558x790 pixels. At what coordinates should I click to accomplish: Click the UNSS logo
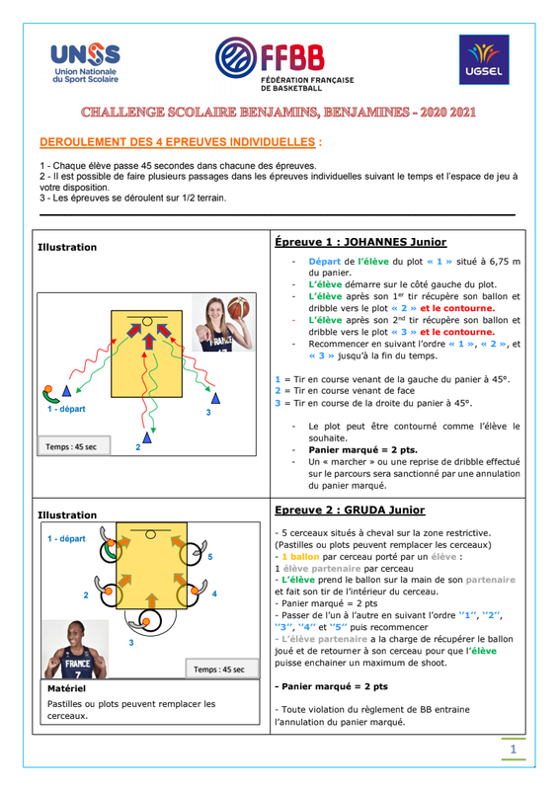point(85,63)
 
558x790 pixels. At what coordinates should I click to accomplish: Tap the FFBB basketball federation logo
point(284,64)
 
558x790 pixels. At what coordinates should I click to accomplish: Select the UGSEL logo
point(484,59)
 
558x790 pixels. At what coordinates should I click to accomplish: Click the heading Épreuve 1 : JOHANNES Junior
point(360,242)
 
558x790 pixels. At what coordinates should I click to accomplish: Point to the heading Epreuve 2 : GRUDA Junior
point(350,510)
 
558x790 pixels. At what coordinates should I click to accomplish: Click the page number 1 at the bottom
point(514,750)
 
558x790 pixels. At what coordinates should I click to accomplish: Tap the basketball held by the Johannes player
point(239,308)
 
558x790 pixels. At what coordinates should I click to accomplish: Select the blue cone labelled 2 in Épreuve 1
point(147,437)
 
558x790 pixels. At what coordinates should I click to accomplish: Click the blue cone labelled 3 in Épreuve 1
point(215,399)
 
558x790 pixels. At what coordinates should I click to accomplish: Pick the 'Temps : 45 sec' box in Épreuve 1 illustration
point(74,446)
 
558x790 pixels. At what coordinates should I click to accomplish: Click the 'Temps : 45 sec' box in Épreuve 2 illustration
point(222,669)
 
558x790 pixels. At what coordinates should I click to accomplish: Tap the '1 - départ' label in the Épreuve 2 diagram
point(66,538)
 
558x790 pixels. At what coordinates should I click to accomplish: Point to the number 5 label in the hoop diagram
point(210,557)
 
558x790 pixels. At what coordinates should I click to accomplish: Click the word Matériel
point(66,688)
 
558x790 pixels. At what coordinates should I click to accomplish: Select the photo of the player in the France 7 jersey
point(76,650)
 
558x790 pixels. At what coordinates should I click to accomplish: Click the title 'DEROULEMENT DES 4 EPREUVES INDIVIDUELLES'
point(178,142)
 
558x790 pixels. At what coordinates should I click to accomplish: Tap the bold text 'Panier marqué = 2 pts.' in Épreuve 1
point(362,450)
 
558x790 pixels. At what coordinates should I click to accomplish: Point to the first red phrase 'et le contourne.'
point(457,308)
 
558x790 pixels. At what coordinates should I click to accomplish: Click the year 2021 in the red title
point(462,112)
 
